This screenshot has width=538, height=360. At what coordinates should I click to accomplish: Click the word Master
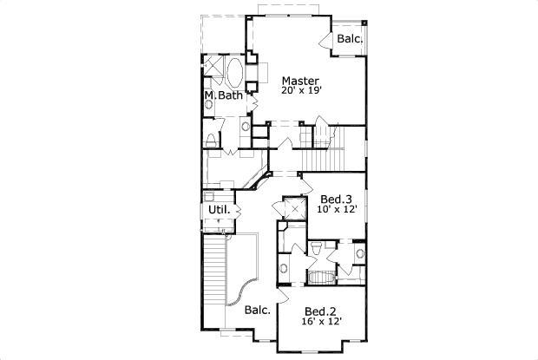click(x=300, y=81)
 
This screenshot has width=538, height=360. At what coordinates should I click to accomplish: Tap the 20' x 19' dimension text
click(x=302, y=91)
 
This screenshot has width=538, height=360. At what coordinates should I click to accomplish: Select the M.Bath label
click(x=224, y=95)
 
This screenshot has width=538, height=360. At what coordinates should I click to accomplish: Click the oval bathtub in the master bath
click(x=234, y=72)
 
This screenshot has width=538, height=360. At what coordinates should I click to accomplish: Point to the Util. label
click(x=220, y=209)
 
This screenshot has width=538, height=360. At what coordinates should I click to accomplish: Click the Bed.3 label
click(x=337, y=200)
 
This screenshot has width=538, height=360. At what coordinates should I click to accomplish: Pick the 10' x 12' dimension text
click(x=338, y=209)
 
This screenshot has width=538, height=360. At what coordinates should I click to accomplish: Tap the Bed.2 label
click(x=320, y=311)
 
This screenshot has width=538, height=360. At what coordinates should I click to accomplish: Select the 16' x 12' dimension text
click(x=322, y=321)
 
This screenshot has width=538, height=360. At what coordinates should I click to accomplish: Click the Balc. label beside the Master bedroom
click(x=350, y=38)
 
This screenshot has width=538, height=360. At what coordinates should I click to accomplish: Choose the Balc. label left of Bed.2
click(x=258, y=310)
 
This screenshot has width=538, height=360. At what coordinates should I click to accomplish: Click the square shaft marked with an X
click(x=295, y=209)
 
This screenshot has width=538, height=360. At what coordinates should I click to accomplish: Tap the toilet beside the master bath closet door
click(x=211, y=140)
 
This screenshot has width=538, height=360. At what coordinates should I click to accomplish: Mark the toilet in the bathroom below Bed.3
click(x=315, y=247)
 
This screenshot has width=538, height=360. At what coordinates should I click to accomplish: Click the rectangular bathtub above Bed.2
click(x=321, y=277)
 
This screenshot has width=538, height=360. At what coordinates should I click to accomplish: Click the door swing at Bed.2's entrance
click(x=283, y=295)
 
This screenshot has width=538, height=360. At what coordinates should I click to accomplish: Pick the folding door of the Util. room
click(x=238, y=211)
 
